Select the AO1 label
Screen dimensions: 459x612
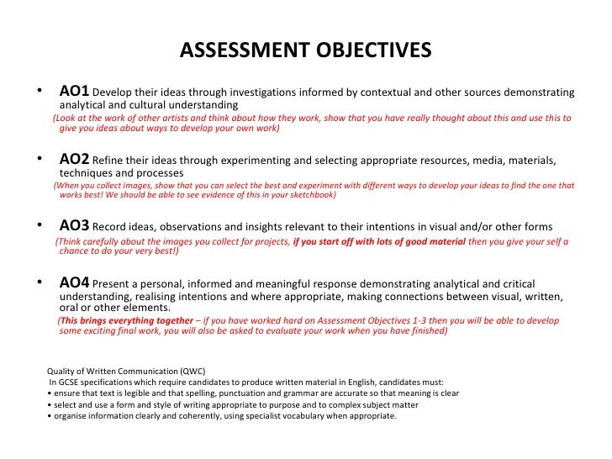[73, 91]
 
